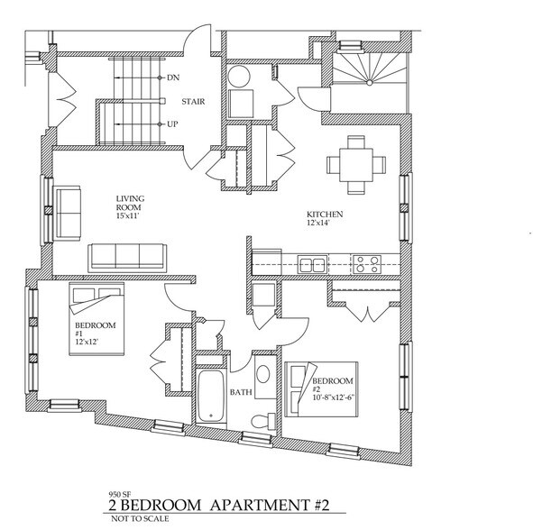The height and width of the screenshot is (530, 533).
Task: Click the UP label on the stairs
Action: pos(172,123)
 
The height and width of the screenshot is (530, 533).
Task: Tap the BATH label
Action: pos(240,392)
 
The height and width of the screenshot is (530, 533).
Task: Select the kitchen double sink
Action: pos(312,265)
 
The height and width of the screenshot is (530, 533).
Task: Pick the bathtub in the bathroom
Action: pos(212,397)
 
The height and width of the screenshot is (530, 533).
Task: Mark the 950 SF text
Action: pos(118,494)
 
